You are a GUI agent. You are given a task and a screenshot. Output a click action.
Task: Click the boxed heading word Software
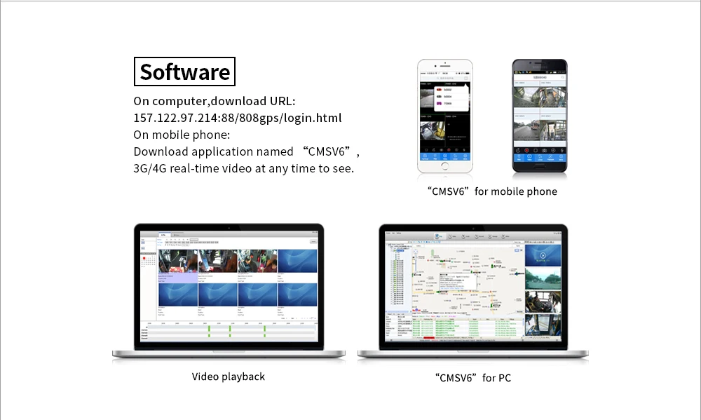point(184,72)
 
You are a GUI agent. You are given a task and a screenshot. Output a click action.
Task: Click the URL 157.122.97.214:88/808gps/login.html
point(237,118)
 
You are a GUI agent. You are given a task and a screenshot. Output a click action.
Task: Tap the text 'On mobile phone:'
point(182,135)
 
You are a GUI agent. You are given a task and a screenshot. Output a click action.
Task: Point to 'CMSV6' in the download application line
point(331,151)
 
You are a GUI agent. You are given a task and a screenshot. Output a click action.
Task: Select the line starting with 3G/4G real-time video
point(243,168)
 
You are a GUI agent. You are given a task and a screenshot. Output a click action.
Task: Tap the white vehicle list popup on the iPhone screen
point(449,98)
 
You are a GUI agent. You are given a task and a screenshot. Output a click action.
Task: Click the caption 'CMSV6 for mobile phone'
point(491,191)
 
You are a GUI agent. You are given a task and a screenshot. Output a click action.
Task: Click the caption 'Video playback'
point(229,377)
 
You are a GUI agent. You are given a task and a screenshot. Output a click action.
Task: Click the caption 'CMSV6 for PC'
point(473,378)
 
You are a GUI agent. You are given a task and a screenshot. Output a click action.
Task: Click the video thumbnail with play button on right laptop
point(542,256)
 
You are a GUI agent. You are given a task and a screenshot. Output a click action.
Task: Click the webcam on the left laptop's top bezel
point(229,227)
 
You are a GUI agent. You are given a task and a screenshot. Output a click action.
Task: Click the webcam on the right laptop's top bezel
point(473,228)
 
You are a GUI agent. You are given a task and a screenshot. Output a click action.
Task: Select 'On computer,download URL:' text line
point(215,101)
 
